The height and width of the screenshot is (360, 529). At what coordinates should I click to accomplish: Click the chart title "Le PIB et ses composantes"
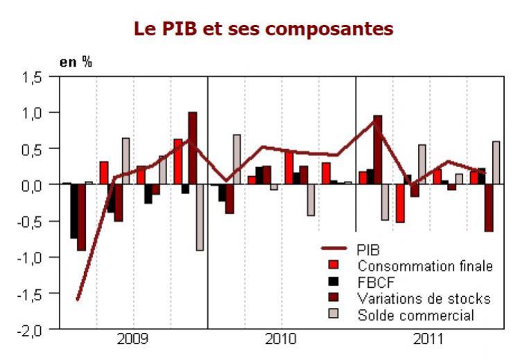263,29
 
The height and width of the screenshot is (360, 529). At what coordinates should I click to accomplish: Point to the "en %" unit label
76,61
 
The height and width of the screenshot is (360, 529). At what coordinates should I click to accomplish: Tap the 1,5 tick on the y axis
41,77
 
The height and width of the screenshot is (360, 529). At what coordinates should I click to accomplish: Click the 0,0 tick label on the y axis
41,185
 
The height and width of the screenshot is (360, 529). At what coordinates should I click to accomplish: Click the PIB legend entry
369,248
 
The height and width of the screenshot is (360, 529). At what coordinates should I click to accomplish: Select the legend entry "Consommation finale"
424,265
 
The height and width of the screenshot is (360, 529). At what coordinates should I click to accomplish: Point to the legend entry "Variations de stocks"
424,299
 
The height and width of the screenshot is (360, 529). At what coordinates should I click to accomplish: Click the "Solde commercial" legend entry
416,316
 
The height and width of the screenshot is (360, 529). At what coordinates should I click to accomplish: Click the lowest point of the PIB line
77,300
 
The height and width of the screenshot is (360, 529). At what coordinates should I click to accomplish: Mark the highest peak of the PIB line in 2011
377,119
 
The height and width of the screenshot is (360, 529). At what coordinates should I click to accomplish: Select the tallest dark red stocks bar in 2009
193,148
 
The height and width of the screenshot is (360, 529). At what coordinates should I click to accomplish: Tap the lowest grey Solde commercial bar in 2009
200,217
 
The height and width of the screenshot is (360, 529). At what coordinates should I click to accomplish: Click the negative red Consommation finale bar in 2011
400,203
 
